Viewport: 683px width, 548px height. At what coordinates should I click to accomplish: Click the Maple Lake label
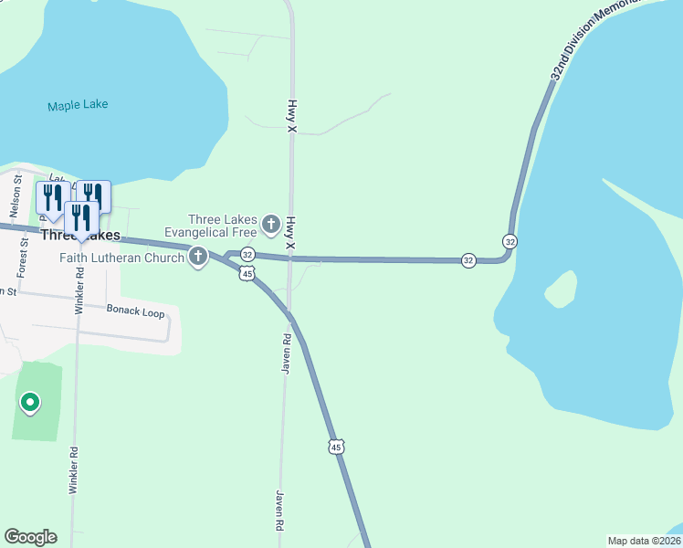pyautogui.click(x=78, y=105)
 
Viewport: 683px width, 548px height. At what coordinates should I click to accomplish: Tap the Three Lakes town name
pyautogui.click(x=80, y=236)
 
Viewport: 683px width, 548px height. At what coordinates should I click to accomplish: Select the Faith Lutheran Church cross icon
pyautogui.click(x=198, y=258)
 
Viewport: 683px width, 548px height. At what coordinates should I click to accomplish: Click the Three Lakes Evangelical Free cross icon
pyautogui.click(x=270, y=224)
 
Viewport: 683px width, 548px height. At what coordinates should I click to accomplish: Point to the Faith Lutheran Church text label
pyautogui.click(x=123, y=258)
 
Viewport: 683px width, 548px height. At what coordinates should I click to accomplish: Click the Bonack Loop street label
pyautogui.click(x=135, y=312)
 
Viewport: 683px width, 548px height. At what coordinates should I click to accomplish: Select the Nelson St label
pyautogui.click(x=16, y=191)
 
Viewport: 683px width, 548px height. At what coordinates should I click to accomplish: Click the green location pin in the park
pyautogui.click(x=30, y=402)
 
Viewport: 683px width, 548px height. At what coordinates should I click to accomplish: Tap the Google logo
pyautogui.click(x=30, y=537)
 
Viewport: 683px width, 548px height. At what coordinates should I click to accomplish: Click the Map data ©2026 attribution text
pyautogui.click(x=644, y=541)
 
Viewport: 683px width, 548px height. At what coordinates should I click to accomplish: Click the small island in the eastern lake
pyautogui.click(x=560, y=291)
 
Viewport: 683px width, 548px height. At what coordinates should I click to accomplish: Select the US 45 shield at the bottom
pyautogui.click(x=337, y=447)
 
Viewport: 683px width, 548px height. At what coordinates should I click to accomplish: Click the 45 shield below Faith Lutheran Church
pyautogui.click(x=247, y=274)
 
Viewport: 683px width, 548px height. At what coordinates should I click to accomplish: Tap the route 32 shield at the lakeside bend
pyautogui.click(x=510, y=241)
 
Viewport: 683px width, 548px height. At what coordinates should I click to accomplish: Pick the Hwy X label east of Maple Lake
pyautogui.click(x=292, y=117)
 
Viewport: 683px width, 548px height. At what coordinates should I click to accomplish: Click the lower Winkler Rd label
pyautogui.click(x=73, y=470)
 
